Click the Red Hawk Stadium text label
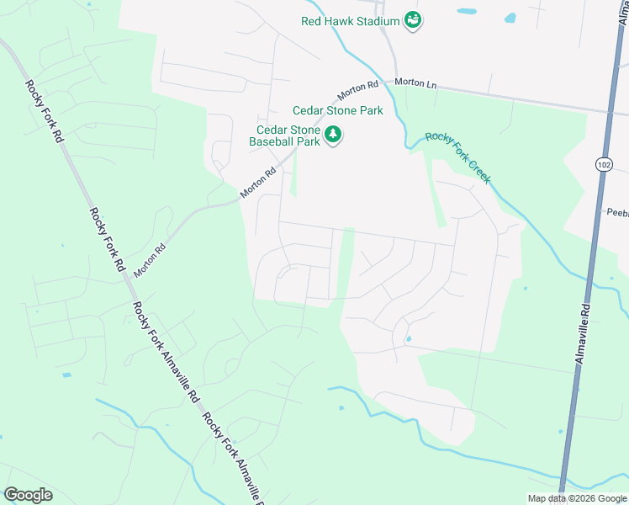351,21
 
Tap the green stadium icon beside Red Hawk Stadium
412,20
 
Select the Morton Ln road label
417,83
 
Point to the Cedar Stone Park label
337,110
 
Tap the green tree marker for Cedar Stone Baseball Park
334,135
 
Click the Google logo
28,495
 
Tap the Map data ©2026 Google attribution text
577,498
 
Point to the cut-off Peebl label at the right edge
617,214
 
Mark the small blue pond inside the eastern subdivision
408,340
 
